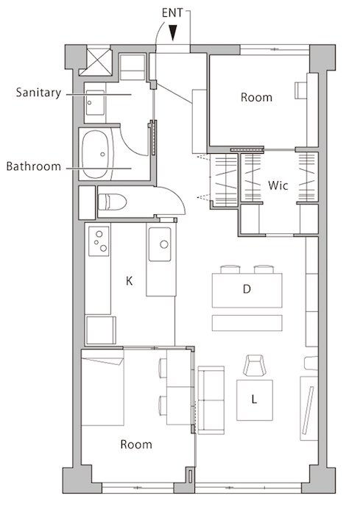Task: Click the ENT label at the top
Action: pos(172,13)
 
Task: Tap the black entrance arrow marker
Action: pos(172,33)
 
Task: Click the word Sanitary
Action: pos(38,93)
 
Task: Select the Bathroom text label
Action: pos(34,166)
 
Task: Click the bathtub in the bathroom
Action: pos(96,155)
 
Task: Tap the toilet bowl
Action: pos(113,202)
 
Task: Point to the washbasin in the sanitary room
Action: pos(95,103)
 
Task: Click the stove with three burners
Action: pos(99,241)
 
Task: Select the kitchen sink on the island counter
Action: pos(160,244)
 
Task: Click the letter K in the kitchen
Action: pos(130,281)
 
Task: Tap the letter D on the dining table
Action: pos(247,289)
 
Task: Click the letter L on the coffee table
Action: pos(254,399)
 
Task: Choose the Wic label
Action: pos(278,185)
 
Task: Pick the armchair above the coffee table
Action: pos(254,366)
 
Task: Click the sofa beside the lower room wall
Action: pos(211,400)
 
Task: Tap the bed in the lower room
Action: pos(102,387)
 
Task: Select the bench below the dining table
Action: pos(247,323)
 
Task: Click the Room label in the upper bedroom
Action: pos(256,97)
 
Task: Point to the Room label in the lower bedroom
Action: pos(136,444)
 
